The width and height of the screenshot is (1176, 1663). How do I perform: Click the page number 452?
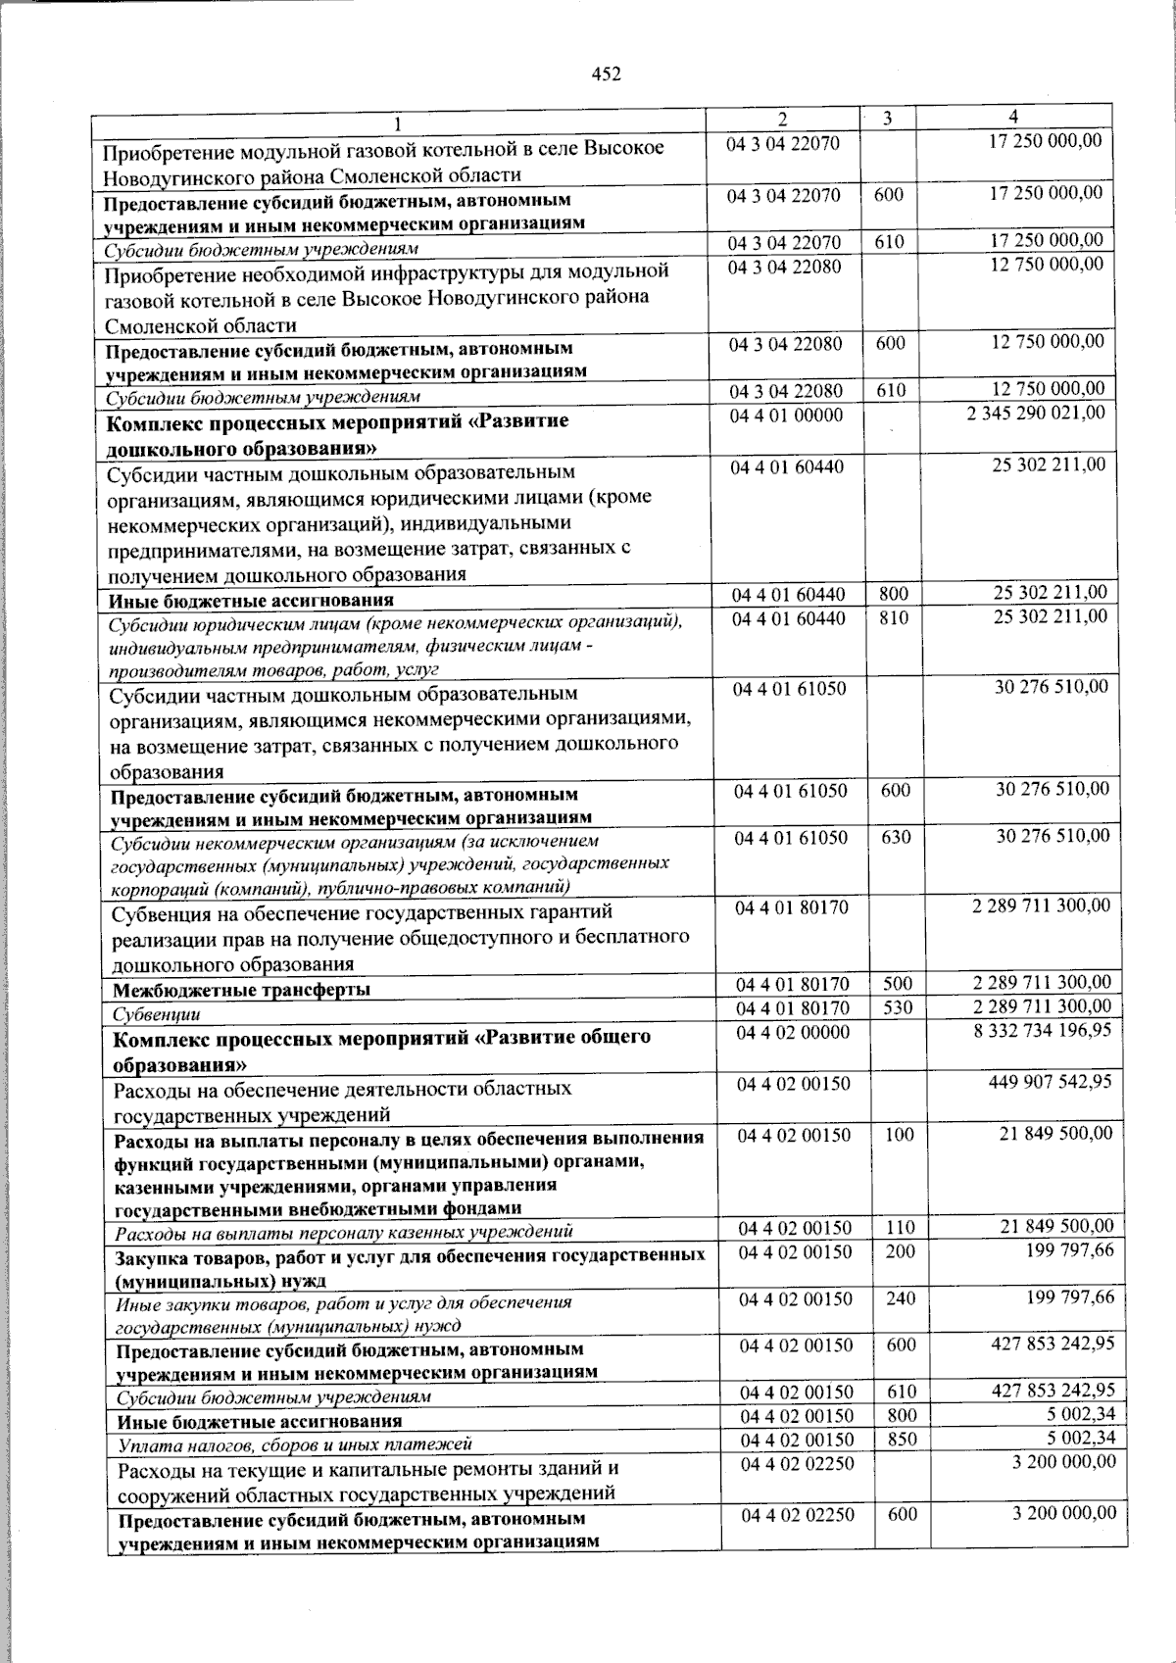coord(607,74)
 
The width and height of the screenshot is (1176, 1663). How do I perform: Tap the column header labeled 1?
coord(398,122)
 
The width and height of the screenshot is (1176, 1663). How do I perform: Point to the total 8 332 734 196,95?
coord(1043,1031)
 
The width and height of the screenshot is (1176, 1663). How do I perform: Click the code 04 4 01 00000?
coord(786,416)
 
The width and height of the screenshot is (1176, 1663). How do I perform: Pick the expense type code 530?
coord(898,1007)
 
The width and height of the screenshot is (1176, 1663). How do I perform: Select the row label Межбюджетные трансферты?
coord(241,990)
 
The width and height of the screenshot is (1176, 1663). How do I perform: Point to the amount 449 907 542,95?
coord(1050,1082)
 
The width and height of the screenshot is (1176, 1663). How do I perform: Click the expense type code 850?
coord(902,1440)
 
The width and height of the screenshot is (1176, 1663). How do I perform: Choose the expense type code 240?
coord(900,1298)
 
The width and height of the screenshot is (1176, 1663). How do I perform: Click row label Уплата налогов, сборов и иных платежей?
coord(294,1443)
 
